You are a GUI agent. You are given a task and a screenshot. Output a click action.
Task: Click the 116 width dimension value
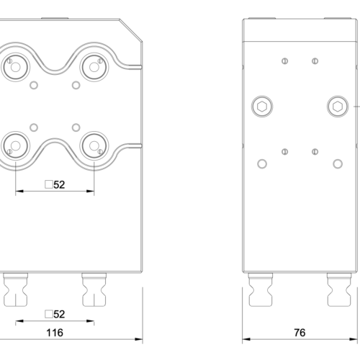(55, 333)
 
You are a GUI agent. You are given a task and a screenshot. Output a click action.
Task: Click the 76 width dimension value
(300, 333)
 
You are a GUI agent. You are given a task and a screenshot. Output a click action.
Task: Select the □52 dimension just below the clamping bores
(55, 184)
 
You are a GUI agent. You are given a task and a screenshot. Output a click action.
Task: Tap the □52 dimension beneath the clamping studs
(55, 314)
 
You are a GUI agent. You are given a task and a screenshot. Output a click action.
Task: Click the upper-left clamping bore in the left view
(14, 66)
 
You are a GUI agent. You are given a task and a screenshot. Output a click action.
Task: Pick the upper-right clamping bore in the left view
(94, 66)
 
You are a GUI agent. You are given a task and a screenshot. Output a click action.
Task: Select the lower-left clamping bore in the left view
(14, 146)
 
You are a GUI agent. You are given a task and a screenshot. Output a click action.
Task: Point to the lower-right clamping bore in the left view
(94, 146)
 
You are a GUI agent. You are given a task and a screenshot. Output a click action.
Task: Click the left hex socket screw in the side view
(262, 107)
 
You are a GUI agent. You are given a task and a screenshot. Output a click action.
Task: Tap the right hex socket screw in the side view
(337, 107)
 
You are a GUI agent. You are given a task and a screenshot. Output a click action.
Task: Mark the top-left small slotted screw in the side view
(286, 60)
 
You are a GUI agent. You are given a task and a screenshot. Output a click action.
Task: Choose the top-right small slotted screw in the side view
(315, 60)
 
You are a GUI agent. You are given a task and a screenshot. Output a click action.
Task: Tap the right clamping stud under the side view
(338, 289)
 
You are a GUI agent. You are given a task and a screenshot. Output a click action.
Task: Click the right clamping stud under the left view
(93, 289)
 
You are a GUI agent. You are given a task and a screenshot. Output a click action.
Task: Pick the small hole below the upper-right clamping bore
(76, 86)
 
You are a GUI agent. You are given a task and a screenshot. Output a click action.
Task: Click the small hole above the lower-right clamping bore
(76, 127)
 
